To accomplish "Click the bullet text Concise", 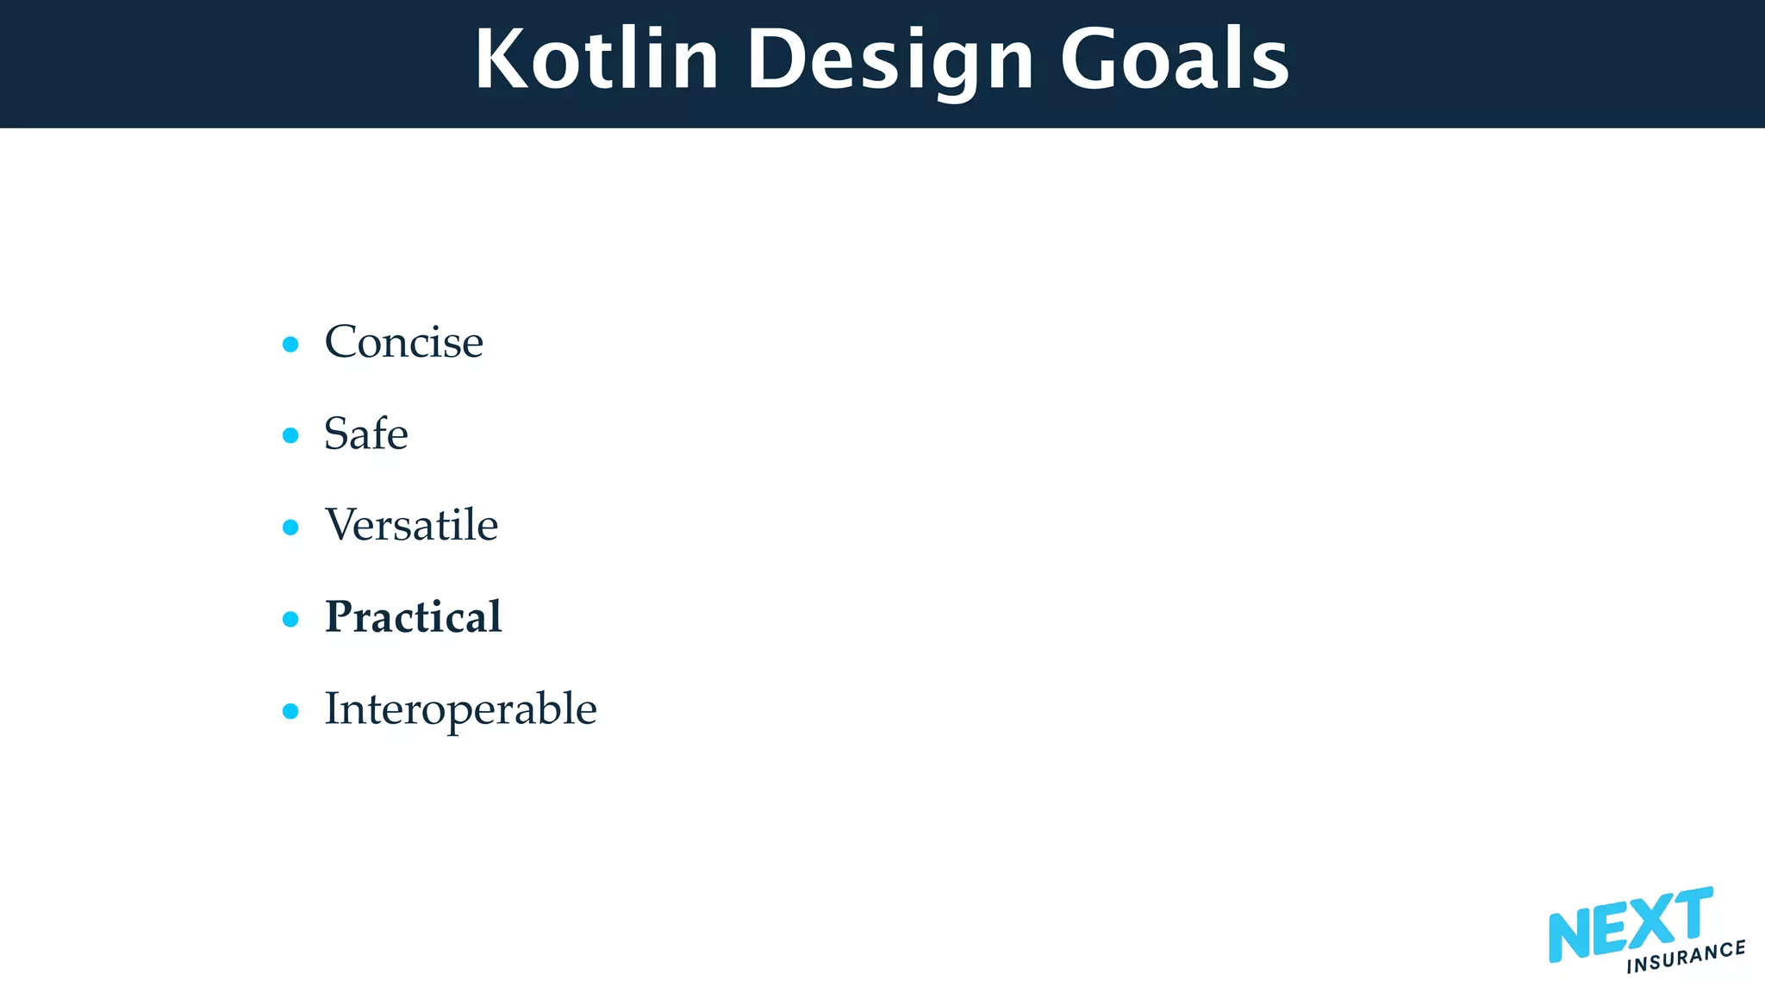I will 403,342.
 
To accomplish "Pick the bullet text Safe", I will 365,434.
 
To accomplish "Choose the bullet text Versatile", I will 411,525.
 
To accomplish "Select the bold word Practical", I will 413,617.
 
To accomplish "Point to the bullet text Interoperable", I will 460,709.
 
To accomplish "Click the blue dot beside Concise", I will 290,345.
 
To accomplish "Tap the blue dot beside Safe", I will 290,436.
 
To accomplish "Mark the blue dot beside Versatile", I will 290,528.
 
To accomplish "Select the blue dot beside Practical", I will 290,619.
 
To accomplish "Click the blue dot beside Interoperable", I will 290,711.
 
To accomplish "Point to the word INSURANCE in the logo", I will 1685,957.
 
